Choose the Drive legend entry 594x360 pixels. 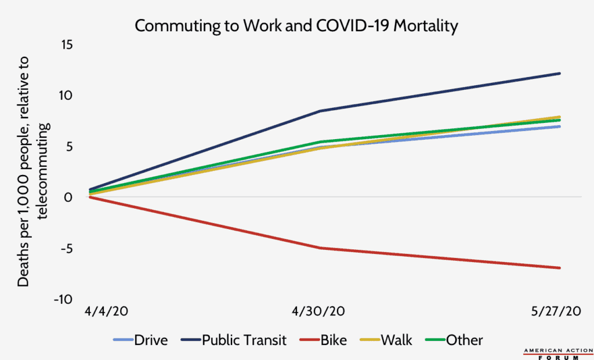click(142, 340)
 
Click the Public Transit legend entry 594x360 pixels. click(236, 340)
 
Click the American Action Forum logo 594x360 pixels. click(556, 353)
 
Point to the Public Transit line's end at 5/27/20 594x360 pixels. click(560, 74)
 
